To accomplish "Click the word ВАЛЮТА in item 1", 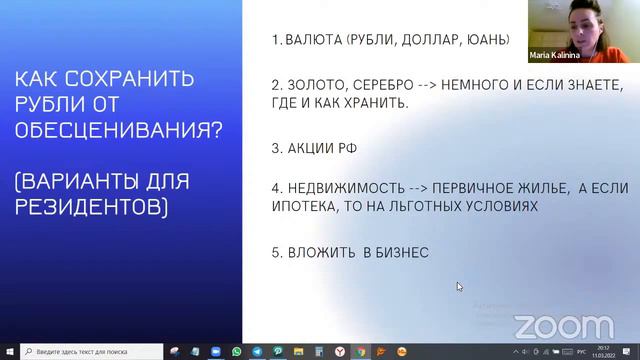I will tap(314, 41).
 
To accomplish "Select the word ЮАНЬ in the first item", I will tap(483, 41).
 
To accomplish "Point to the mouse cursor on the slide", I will tap(459, 286).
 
